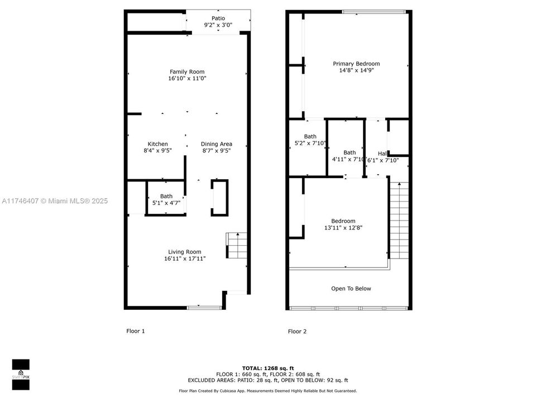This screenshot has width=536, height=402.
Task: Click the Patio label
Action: click(x=218, y=18)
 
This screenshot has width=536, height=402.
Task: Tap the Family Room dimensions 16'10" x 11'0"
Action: click(x=187, y=79)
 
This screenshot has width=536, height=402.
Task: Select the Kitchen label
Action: click(x=157, y=144)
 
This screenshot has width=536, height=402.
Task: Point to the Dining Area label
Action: click(x=216, y=144)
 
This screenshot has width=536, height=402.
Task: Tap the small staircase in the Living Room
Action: click(x=237, y=246)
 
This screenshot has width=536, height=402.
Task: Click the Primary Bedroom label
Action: click(x=356, y=64)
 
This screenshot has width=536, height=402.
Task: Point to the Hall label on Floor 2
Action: click(x=382, y=154)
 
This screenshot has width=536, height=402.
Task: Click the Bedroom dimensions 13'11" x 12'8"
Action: click(x=343, y=228)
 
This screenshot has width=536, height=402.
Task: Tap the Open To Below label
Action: click(x=351, y=289)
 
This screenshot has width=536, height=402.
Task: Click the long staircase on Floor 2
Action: click(x=399, y=221)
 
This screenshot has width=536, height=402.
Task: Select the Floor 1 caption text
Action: click(x=135, y=331)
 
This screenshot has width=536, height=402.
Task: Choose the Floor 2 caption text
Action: click(x=297, y=332)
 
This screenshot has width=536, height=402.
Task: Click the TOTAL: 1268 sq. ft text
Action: click(x=267, y=368)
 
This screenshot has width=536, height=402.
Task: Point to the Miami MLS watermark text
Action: click(x=55, y=201)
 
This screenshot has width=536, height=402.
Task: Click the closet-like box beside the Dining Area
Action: click(x=219, y=197)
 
